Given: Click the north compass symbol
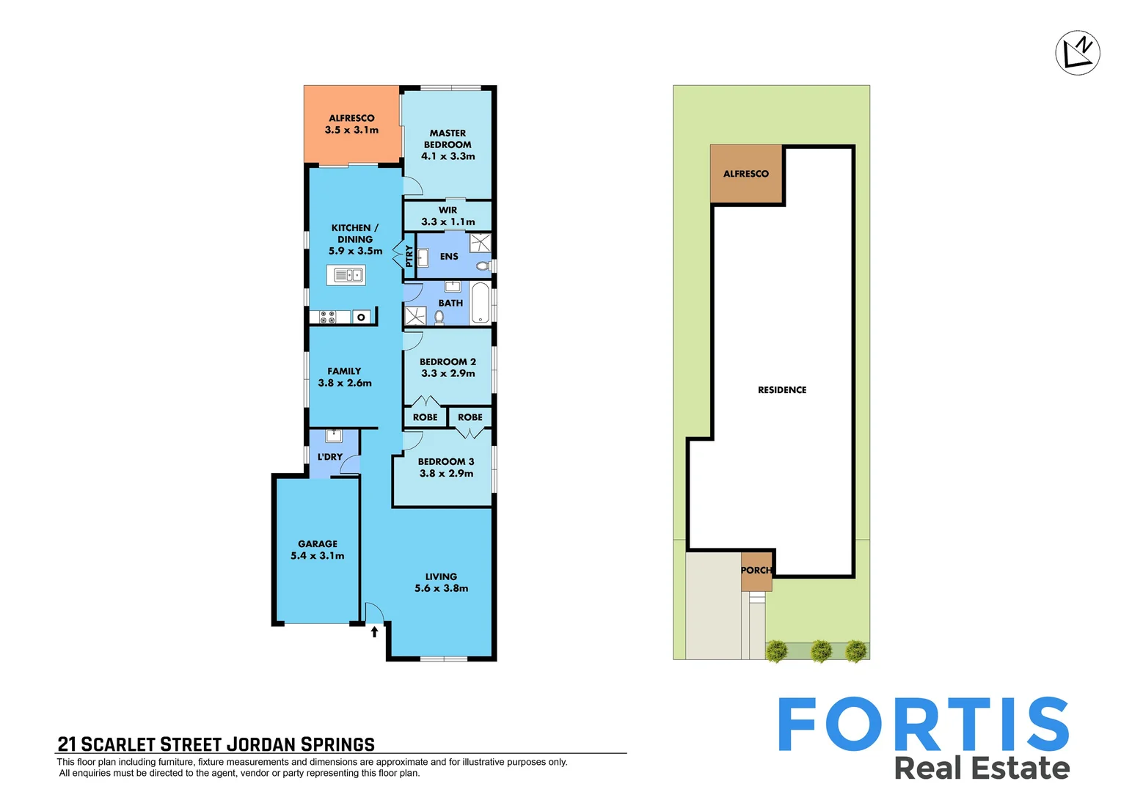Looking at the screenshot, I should [1077, 53].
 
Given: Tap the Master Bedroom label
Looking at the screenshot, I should [448, 139].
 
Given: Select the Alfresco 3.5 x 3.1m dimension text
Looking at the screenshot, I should [351, 130].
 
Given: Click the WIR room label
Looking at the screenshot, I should [448, 210].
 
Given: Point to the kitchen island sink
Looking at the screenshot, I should [346, 275].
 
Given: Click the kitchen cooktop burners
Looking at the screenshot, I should [327, 317].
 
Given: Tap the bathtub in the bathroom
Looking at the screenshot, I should [481, 302].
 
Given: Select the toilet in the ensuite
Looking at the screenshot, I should [482, 265].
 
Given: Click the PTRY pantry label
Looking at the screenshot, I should [409, 256].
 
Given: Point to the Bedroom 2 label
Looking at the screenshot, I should [448, 362].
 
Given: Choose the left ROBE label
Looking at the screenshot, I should [425, 417].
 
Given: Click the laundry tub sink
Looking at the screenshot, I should [334, 436].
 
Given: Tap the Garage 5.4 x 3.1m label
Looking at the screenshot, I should [318, 550].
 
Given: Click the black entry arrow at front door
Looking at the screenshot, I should [374, 631].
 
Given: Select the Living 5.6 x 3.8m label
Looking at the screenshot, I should [441, 582].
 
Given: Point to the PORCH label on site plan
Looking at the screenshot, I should [756, 570].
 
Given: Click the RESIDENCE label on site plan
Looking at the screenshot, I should [782, 390].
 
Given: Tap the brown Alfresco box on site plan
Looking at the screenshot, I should [746, 174].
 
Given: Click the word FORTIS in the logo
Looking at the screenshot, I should [923, 725].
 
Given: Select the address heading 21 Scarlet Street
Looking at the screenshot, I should [216, 744].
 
